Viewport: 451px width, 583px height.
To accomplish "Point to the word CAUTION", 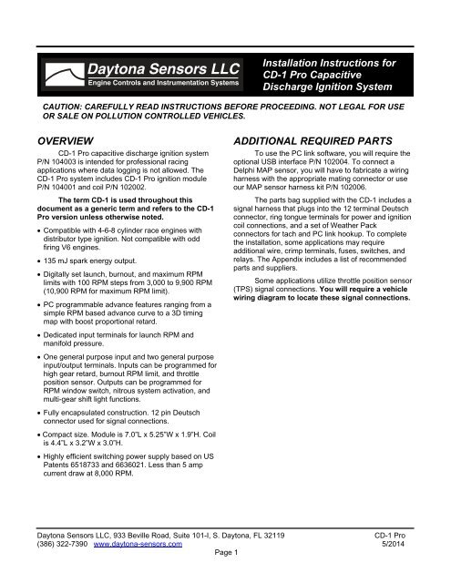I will coord(54,106).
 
